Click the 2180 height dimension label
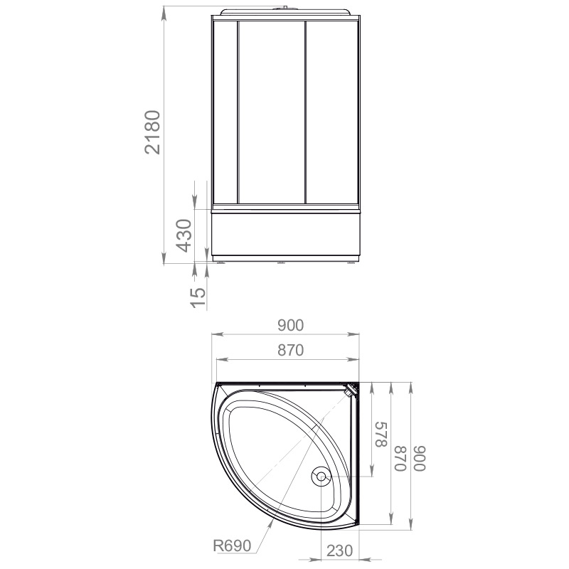(x=152, y=132)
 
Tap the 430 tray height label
(x=184, y=235)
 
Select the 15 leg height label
(x=198, y=297)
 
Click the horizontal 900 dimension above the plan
(x=290, y=326)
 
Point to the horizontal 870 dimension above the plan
(x=290, y=350)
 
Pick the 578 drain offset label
(x=381, y=435)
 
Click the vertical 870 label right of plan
(x=400, y=458)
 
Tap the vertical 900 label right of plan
(x=420, y=458)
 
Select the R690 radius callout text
(x=232, y=546)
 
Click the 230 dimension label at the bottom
(x=340, y=551)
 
